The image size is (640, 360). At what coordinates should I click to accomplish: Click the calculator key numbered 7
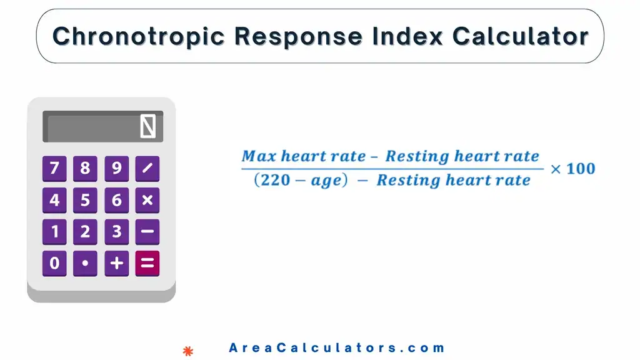click(x=54, y=168)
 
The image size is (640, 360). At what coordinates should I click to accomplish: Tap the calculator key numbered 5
click(x=85, y=200)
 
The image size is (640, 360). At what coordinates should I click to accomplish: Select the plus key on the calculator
click(x=116, y=264)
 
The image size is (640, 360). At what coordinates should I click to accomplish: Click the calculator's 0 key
click(x=54, y=264)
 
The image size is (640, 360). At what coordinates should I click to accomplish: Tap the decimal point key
click(x=85, y=264)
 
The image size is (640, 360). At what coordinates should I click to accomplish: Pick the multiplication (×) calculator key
click(x=147, y=200)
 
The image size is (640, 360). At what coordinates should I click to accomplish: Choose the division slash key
click(x=147, y=168)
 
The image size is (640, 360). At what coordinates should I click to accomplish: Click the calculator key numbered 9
click(x=116, y=168)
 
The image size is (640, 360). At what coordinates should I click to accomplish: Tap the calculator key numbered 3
click(x=116, y=232)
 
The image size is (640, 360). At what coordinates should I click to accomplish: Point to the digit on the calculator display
click(x=148, y=127)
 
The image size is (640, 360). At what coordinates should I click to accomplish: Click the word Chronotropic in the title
click(x=138, y=36)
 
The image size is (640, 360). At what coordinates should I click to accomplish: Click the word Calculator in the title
click(x=520, y=36)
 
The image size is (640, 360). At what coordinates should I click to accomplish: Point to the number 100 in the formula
click(x=581, y=168)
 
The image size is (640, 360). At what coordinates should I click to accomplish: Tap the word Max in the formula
click(x=258, y=156)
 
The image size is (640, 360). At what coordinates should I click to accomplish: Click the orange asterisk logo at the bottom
click(x=187, y=351)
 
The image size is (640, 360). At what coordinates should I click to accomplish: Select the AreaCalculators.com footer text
click(x=336, y=348)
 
